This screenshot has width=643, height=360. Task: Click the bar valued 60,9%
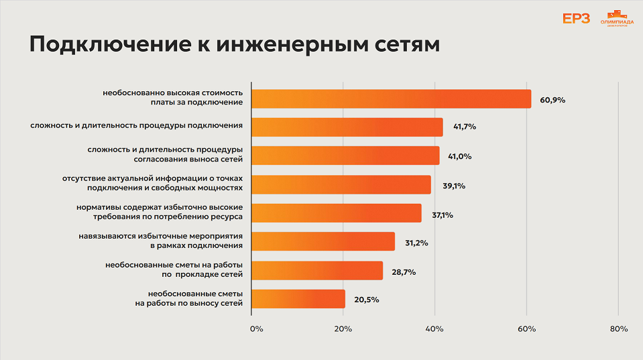(x=391, y=99)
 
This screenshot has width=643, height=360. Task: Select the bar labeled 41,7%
(x=347, y=127)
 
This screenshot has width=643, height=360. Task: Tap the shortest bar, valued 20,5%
(x=298, y=299)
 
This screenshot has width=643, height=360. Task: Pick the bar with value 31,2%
(x=323, y=241)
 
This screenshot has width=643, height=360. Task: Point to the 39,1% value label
(x=454, y=186)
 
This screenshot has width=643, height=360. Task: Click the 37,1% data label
(x=443, y=215)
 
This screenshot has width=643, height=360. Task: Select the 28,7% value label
(x=404, y=272)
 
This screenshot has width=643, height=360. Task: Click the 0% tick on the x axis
(x=256, y=329)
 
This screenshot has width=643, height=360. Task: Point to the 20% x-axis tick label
(x=343, y=329)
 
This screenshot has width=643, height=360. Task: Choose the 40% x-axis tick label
(x=434, y=329)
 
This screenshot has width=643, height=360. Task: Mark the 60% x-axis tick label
(x=526, y=329)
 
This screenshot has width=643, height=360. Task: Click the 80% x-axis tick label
(x=618, y=329)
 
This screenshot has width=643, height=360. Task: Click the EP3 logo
(x=576, y=19)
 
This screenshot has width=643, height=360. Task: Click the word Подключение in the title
(x=101, y=46)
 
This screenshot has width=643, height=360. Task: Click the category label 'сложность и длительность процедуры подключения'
(x=136, y=125)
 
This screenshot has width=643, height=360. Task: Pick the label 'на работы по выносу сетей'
(x=189, y=304)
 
